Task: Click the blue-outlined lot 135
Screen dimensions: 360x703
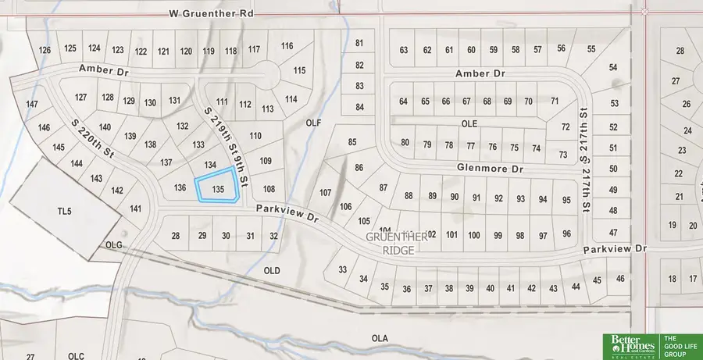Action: pyautogui.click(x=217, y=187)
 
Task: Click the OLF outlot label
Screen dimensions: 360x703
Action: pyautogui.click(x=314, y=123)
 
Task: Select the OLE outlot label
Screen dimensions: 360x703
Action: pyautogui.click(x=469, y=123)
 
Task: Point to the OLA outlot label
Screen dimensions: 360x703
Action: pyautogui.click(x=380, y=338)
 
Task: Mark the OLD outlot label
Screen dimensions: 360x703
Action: pyautogui.click(x=272, y=270)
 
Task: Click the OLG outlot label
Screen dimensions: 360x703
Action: pyautogui.click(x=115, y=245)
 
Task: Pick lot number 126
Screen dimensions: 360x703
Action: pyautogui.click(x=45, y=50)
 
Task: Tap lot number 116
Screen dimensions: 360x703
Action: pyautogui.click(x=287, y=46)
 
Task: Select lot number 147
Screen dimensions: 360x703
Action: pyautogui.click(x=32, y=104)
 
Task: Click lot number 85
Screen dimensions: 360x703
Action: pyautogui.click(x=351, y=141)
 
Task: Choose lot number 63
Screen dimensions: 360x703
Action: pyautogui.click(x=404, y=50)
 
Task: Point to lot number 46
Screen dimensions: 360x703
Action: pyautogui.click(x=621, y=279)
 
